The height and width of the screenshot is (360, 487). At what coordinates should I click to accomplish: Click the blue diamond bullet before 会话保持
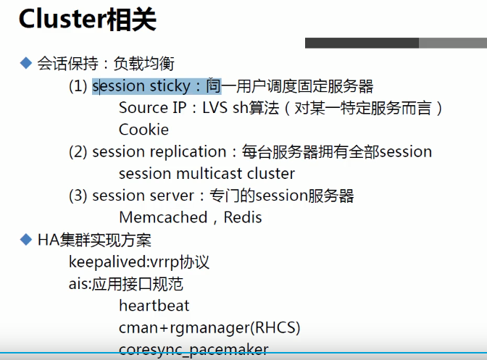[x=26, y=63]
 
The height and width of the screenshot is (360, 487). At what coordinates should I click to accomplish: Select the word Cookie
[x=143, y=130]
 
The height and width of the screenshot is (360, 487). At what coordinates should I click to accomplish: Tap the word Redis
[x=242, y=217]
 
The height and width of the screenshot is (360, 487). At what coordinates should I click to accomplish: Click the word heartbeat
[x=154, y=306]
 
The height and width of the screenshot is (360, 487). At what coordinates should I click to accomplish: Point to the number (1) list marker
[x=78, y=86]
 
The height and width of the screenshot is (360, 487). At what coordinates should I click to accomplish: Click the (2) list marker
[x=78, y=152]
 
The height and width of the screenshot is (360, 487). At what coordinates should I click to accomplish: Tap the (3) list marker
[x=78, y=196]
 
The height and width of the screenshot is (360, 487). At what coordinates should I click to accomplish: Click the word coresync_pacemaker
[x=193, y=349]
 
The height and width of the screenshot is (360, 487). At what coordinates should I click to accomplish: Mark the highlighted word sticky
[x=168, y=86]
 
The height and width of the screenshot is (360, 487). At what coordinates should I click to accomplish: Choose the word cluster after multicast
[x=270, y=174]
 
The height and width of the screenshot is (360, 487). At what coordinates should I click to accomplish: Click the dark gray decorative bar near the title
[x=362, y=43]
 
